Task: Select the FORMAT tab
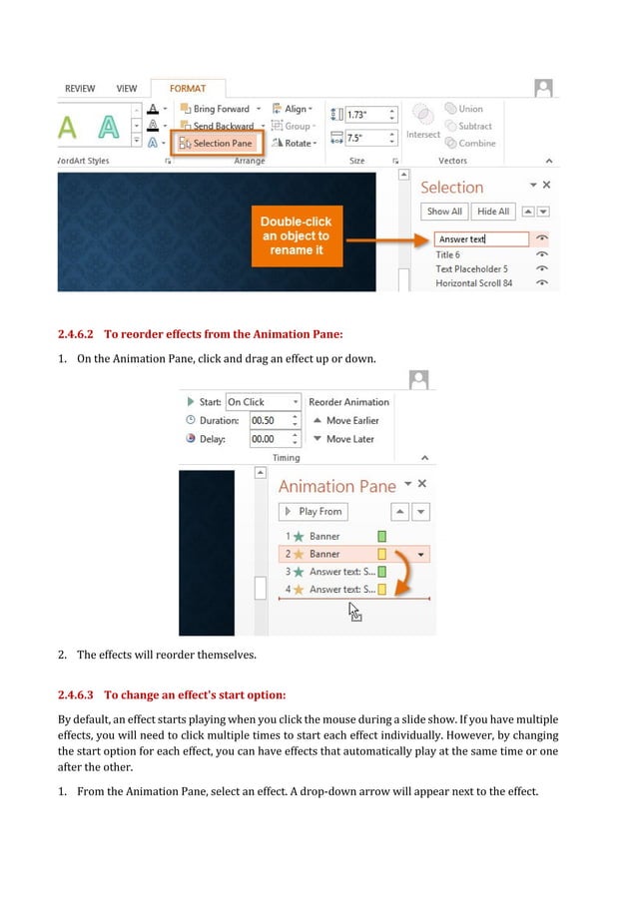click(188, 89)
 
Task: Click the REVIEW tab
click(80, 89)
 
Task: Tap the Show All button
click(444, 212)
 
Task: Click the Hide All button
click(492, 212)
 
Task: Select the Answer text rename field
click(481, 239)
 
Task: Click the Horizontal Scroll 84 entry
click(474, 283)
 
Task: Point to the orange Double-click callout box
click(296, 235)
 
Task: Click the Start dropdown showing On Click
click(263, 402)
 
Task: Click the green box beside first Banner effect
click(381, 537)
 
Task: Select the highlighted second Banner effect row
click(339, 554)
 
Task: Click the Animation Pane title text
click(336, 486)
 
